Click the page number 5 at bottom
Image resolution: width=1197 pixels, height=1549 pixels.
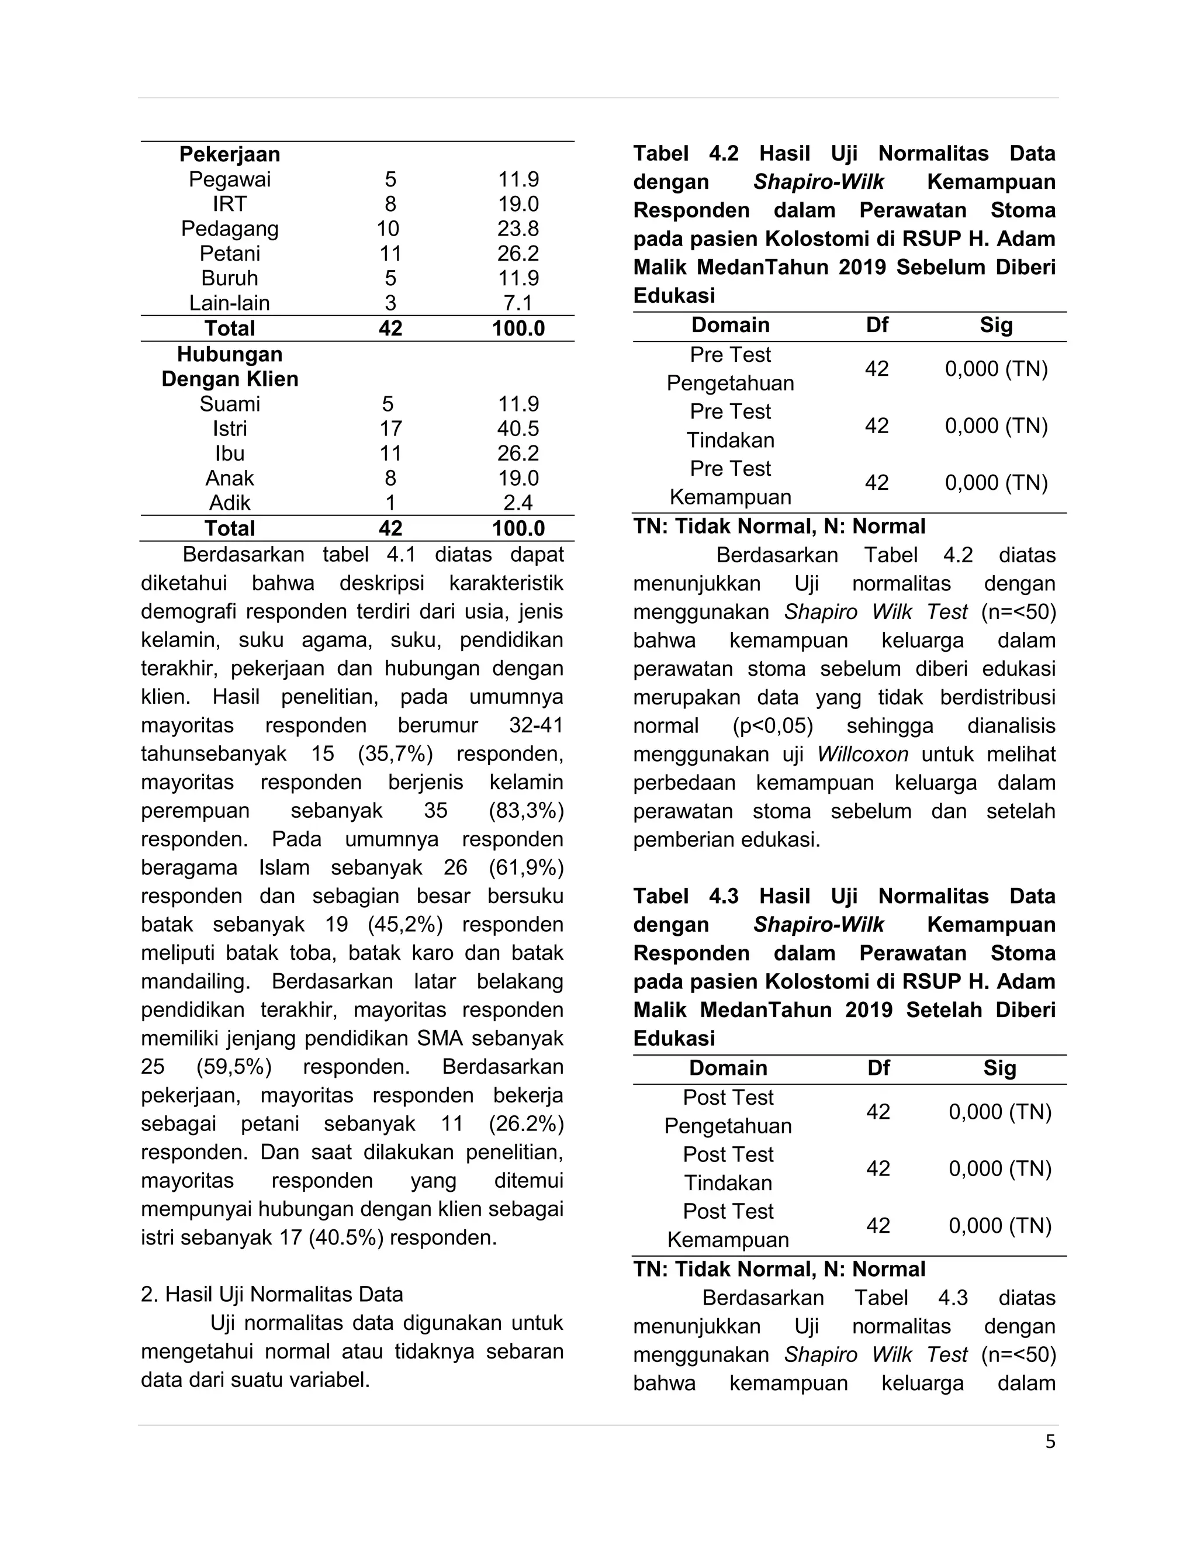(1050, 1442)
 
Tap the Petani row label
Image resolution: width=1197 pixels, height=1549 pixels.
(229, 253)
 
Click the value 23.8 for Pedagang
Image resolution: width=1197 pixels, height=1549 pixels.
(518, 229)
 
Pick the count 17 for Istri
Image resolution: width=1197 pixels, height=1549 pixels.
(390, 428)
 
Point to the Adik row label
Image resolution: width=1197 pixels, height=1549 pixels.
(229, 503)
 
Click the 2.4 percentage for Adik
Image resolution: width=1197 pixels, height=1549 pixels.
(518, 503)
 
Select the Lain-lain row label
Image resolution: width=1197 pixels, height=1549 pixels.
(229, 303)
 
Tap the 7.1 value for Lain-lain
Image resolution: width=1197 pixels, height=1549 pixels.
(518, 303)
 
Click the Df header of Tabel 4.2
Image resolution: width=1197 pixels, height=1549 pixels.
(877, 325)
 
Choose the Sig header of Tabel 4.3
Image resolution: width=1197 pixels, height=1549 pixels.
(999, 1067)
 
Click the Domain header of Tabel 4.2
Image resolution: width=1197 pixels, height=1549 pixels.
(731, 325)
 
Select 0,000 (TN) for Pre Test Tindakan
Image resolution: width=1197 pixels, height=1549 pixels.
(997, 426)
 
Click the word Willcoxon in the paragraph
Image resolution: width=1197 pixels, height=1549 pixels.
(862, 754)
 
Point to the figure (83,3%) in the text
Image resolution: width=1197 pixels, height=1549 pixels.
(525, 811)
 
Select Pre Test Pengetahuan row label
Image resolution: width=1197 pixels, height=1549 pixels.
(731, 369)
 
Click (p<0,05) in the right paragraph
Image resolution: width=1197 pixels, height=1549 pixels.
(772, 725)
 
